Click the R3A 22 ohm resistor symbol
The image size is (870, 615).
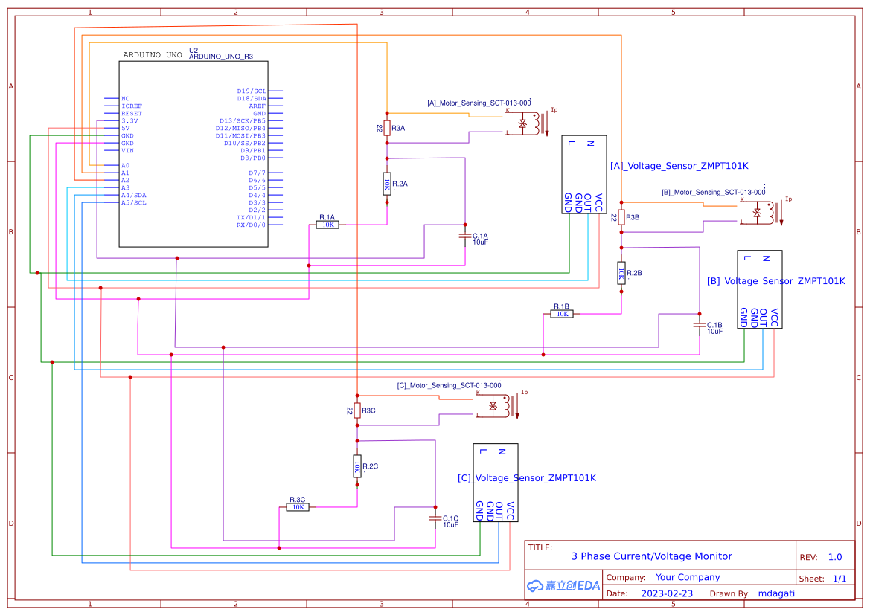(x=386, y=128)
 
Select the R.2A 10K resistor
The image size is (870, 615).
(x=386, y=184)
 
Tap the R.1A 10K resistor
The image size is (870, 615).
(x=327, y=224)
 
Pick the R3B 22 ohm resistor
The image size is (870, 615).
(x=621, y=217)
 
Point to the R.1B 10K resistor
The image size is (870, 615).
(x=562, y=314)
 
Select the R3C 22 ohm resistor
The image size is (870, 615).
(x=357, y=410)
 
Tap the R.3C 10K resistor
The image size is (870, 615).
(x=298, y=507)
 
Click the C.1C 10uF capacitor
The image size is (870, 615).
(x=435, y=518)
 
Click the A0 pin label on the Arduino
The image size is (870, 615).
(x=125, y=165)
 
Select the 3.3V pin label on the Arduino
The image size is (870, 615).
(x=129, y=120)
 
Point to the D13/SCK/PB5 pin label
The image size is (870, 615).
(x=242, y=120)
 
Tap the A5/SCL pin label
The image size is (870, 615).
(x=134, y=202)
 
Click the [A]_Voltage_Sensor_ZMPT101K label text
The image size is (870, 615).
(x=679, y=166)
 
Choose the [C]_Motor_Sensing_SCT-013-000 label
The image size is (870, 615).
(x=449, y=386)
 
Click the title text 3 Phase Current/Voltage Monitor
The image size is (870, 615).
(x=651, y=556)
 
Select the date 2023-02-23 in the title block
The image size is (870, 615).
(x=667, y=593)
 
